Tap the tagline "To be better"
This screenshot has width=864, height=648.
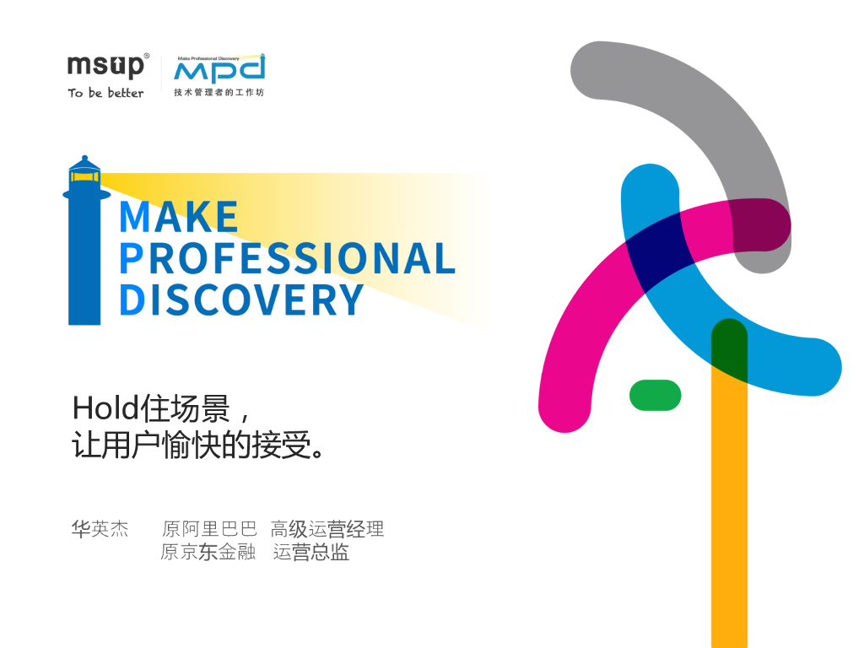click(x=106, y=93)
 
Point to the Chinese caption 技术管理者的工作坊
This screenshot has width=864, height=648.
click(x=219, y=92)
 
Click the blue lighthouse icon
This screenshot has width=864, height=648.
click(x=84, y=245)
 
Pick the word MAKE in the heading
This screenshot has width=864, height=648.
click(x=179, y=217)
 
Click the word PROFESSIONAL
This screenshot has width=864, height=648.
click(x=287, y=258)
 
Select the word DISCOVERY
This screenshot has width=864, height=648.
click(x=241, y=300)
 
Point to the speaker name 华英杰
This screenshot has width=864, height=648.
click(x=100, y=529)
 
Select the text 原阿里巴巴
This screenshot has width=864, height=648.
click(x=208, y=529)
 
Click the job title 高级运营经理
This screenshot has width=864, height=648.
click(x=327, y=529)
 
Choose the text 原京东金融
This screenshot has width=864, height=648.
click(x=208, y=553)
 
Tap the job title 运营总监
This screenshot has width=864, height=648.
click(x=311, y=553)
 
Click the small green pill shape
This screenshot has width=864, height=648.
click(x=655, y=395)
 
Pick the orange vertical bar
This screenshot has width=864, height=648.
click(x=729, y=523)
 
